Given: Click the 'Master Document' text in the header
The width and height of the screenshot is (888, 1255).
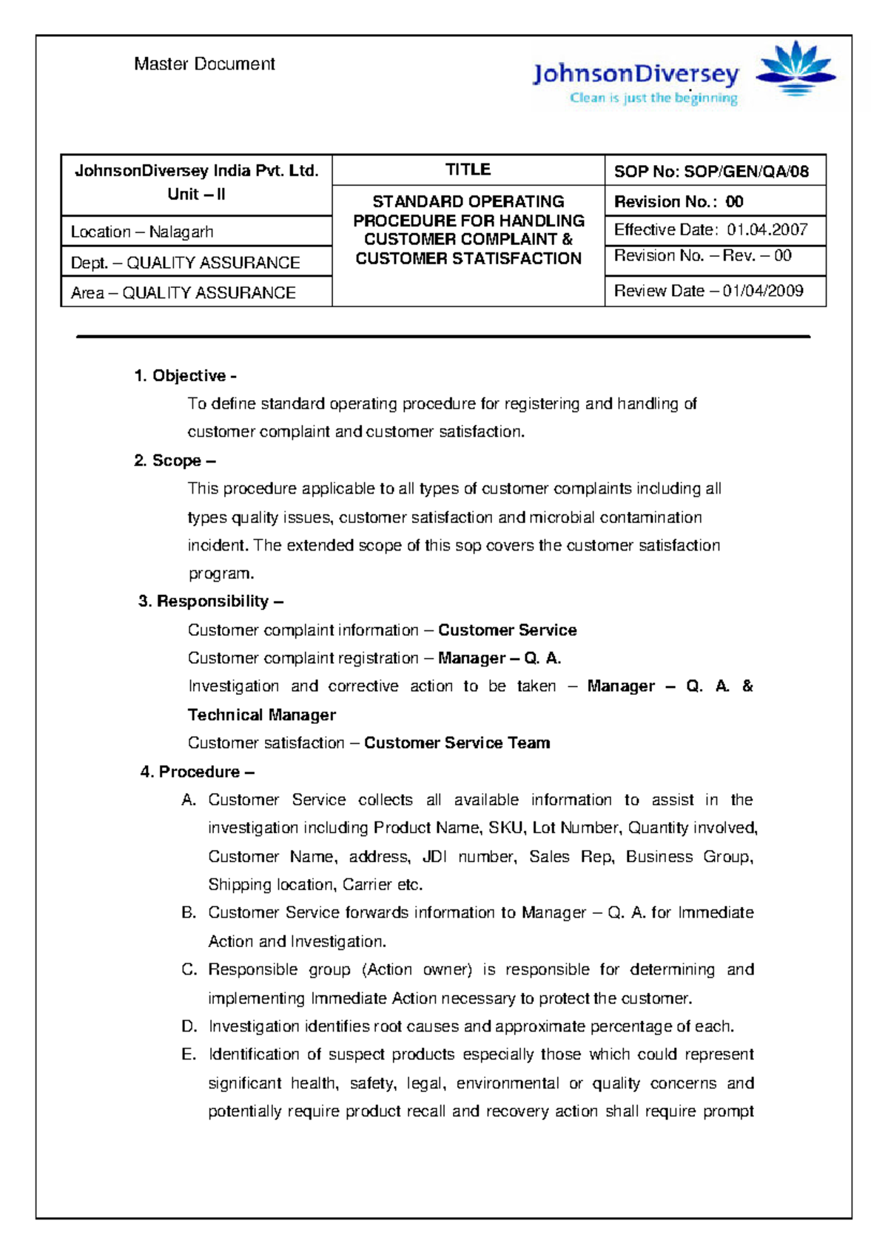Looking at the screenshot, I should [204, 64].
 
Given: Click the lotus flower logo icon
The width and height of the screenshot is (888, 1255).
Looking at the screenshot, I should [795, 68].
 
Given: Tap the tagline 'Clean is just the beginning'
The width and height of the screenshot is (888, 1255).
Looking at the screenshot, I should [653, 98].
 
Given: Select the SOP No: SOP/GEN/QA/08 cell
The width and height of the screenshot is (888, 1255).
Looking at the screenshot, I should [711, 172].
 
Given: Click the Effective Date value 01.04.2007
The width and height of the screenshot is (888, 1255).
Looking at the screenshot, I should [767, 230].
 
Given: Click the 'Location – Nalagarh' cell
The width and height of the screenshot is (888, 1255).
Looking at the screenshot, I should [142, 232].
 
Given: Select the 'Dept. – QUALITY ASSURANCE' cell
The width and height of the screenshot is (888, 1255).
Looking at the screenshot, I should [185, 263].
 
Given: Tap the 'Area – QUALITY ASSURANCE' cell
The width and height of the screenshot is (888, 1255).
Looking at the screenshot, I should [183, 293].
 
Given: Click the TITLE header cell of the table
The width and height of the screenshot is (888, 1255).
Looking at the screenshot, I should [468, 170].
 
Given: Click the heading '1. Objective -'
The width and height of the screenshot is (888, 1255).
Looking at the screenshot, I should [185, 376].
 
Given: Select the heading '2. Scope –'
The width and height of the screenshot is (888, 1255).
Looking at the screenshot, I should [175, 461].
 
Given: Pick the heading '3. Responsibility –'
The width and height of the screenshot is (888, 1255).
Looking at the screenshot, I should [211, 601].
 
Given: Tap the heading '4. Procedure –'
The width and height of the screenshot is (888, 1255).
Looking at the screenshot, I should [198, 772].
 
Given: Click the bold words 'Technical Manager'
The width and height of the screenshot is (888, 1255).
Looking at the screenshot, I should [261, 715].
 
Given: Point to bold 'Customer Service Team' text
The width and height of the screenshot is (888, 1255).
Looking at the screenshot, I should [457, 743].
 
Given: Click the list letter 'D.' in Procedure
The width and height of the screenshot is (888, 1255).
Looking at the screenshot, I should [189, 1026].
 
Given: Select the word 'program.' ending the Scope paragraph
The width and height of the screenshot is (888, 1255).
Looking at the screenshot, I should [221, 573].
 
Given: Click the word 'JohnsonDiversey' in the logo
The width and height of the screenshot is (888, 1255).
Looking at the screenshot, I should [636, 74].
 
